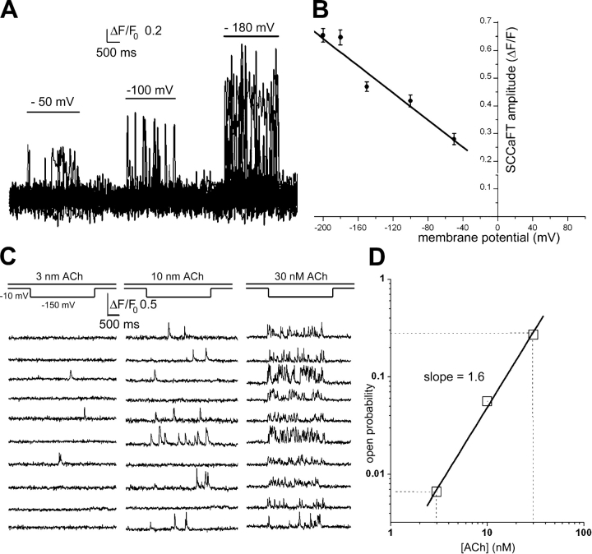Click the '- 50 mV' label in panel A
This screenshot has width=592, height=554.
53,101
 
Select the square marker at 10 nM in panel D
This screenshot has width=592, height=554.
487,401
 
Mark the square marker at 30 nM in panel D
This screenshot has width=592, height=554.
533,334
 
